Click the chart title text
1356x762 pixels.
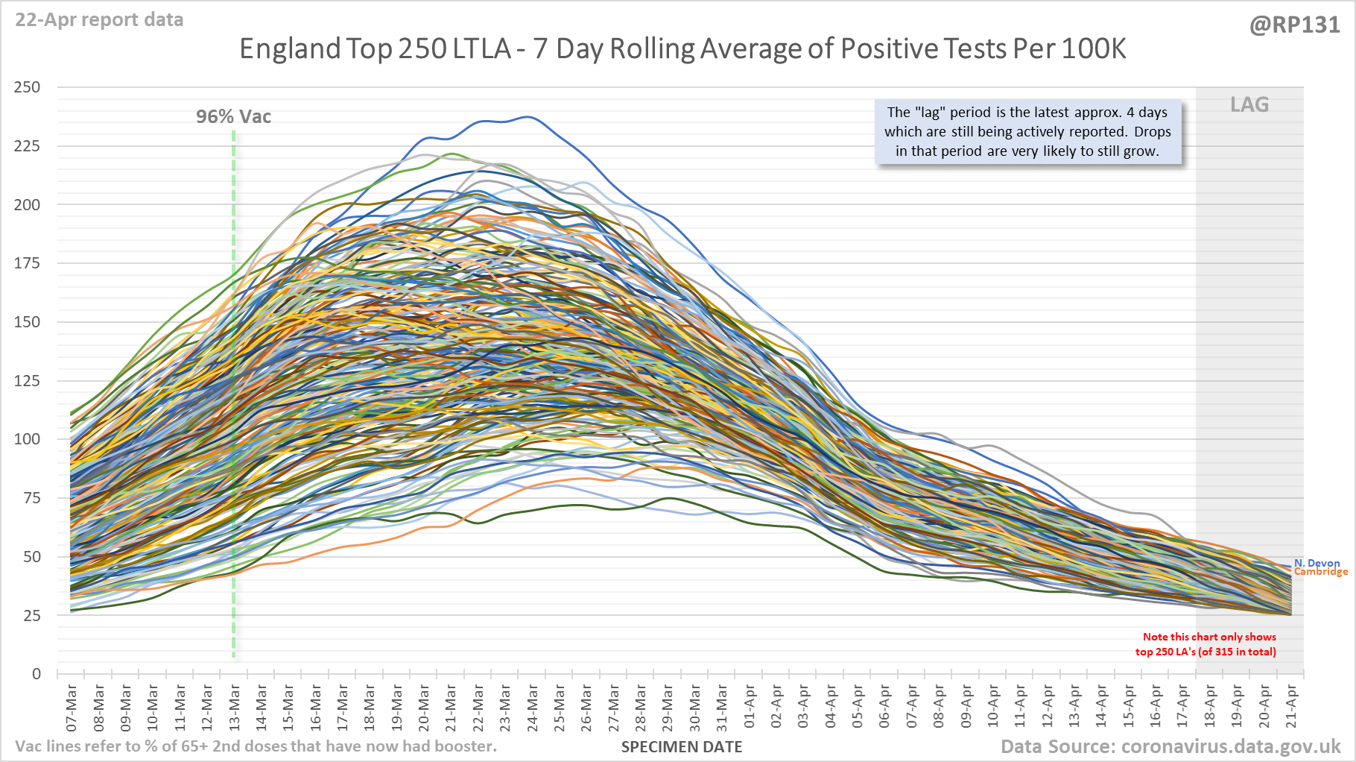pyautogui.click(x=682, y=49)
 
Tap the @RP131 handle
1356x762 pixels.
pyautogui.click(x=1294, y=25)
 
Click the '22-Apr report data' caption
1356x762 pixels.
pyautogui.click(x=99, y=20)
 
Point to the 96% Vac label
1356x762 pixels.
pyautogui.click(x=233, y=117)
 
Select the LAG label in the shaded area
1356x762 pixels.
pyautogui.click(x=1249, y=105)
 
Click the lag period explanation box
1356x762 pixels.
pyautogui.click(x=1027, y=132)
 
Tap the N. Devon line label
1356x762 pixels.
pyautogui.click(x=1317, y=563)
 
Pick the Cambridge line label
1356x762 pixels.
pyautogui.click(x=1321, y=572)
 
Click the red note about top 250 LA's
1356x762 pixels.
pyautogui.click(x=1207, y=644)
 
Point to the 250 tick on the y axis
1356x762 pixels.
pyautogui.click(x=28, y=87)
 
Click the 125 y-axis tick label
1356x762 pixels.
pyautogui.click(x=28, y=381)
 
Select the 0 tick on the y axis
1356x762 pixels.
pyautogui.click(x=36, y=674)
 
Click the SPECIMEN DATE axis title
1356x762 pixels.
pyautogui.click(x=682, y=747)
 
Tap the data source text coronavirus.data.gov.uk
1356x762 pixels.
pyautogui.click(x=1170, y=747)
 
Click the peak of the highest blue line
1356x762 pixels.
pyautogui.click(x=528, y=116)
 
